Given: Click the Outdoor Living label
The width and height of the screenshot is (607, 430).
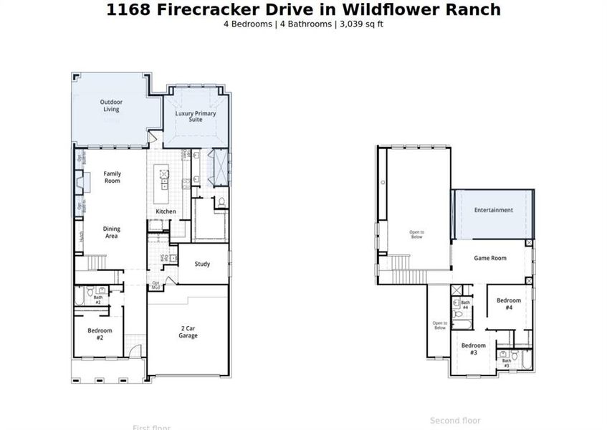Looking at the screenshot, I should click(110, 105).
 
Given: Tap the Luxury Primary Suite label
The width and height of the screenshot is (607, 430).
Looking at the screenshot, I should click(196, 117).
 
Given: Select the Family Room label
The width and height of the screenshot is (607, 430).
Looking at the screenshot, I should click(112, 177).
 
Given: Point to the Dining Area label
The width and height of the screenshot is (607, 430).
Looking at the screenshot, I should click(112, 232).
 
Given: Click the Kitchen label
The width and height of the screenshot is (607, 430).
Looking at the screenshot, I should click(166, 211).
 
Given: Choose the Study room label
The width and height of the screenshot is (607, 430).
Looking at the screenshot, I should click(203, 264).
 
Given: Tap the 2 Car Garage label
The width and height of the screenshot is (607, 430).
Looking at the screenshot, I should click(188, 332).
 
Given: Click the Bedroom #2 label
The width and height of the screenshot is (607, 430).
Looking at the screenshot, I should click(100, 333).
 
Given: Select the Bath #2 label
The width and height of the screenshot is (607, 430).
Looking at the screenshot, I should click(97, 300).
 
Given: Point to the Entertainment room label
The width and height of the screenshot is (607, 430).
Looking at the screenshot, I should click(493, 210).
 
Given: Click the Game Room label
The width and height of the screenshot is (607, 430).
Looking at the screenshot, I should click(490, 258).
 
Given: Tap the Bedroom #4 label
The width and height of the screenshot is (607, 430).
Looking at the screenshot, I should click(509, 304).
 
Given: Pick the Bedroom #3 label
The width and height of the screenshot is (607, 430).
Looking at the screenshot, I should click(474, 349).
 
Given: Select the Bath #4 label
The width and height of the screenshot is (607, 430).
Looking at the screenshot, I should click(465, 305).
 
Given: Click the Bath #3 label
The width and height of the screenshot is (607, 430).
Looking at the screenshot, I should click(506, 363).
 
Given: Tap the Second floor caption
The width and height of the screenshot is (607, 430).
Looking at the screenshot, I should click(455, 421).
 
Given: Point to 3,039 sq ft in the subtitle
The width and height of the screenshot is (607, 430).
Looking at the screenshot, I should click(364, 24).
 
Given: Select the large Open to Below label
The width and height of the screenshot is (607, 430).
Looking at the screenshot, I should click(416, 234).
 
